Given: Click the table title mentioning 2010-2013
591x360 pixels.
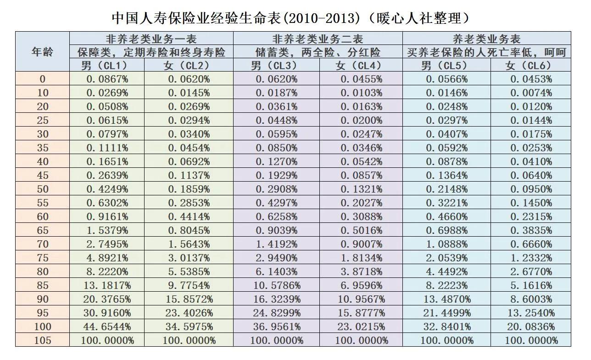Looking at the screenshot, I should click(x=292, y=18).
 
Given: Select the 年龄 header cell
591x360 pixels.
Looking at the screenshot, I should click(x=42, y=51).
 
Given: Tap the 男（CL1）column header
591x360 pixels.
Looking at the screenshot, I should click(x=106, y=66).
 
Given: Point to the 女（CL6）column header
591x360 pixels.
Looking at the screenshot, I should click(x=531, y=66).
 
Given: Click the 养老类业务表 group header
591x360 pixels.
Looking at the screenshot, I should click(x=486, y=39).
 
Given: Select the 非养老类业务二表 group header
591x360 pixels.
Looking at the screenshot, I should click(x=318, y=39).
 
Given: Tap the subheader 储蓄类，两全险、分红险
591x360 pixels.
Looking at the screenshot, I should click(x=318, y=52).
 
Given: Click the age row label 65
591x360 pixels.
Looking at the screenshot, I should click(x=42, y=230).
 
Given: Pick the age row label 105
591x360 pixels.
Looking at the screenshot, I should click(x=42, y=340).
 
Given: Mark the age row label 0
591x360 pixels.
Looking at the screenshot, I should click(x=42, y=79).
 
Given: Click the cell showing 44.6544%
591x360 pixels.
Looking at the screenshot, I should click(x=107, y=327).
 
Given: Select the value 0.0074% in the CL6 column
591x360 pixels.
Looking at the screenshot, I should click(x=531, y=93).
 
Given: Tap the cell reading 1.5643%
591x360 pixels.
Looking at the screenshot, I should click(x=189, y=244).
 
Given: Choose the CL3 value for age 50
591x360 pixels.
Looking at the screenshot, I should click(x=276, y=189).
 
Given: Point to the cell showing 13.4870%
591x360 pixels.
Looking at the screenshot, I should click(x=446, y=299).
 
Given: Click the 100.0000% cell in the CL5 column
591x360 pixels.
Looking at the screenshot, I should click(x=446, y=340).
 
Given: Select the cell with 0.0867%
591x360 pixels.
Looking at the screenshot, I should click(x=107, y=79).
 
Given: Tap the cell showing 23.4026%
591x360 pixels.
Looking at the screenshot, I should click(x=189, y=313).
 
